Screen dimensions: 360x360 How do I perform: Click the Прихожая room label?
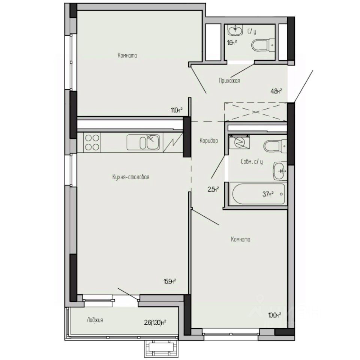(229, 80)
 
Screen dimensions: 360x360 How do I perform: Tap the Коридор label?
(209, 140)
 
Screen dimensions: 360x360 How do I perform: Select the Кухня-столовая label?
(130, 177)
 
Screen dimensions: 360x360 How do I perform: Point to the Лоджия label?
(94, 320)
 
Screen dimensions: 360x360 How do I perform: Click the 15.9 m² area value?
(170, 281)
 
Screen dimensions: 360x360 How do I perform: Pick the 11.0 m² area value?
(176, 110)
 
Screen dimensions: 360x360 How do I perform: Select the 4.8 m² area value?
(276, 90)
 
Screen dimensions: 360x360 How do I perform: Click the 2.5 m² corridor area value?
(213, 189)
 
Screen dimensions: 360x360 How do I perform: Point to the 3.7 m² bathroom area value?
(268, 194)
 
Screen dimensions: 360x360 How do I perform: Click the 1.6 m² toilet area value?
(232, 42)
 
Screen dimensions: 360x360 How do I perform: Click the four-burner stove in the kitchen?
(92, 142)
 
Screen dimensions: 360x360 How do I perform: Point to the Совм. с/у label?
(251, 162)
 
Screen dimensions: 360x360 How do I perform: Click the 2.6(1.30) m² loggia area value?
(155, 321)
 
